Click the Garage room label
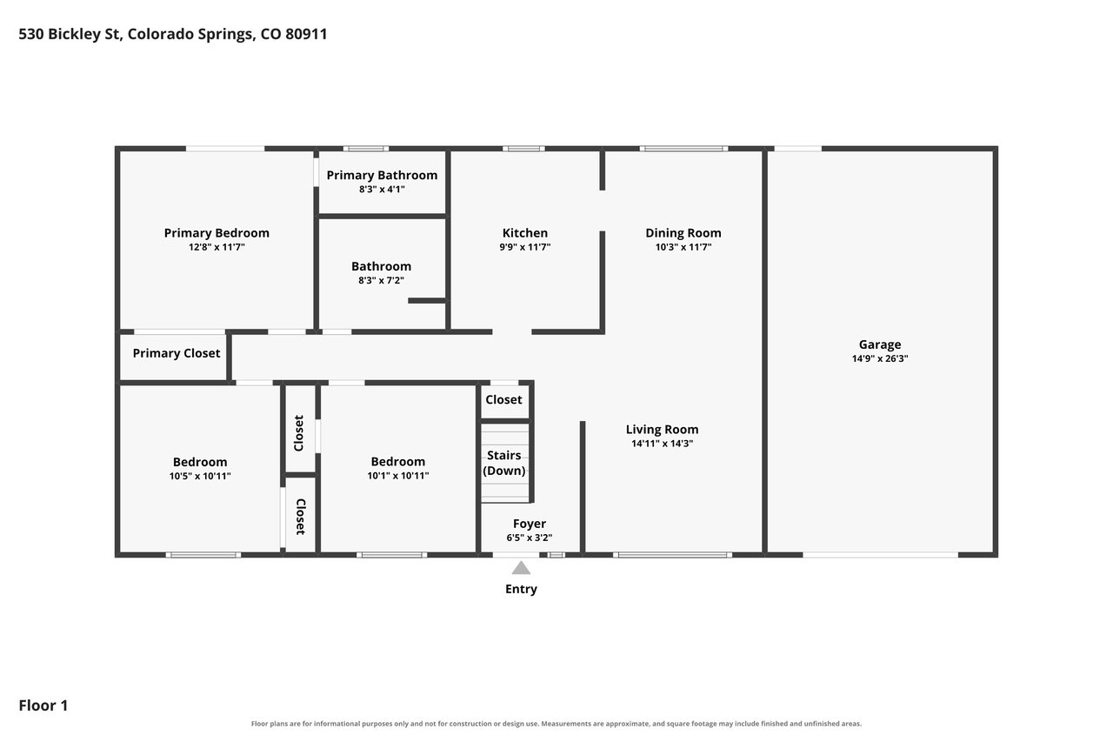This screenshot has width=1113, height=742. (879, 344)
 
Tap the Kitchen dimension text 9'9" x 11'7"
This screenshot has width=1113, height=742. (524, 247)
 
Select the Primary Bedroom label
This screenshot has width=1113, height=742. (217, 233)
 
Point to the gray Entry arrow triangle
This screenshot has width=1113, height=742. (521, 567)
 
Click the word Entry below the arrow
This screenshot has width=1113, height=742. (521, 589)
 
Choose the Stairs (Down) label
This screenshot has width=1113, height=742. (503, 463)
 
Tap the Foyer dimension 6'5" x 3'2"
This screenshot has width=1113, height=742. (530, 538)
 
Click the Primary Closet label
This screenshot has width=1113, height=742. (176, 353)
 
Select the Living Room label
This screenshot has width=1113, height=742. (662, 430)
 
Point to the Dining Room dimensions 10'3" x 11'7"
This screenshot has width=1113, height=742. (683, 247)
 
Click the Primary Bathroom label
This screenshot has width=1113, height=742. (382, 176)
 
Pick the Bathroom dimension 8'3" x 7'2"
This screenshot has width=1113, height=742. (381, 280)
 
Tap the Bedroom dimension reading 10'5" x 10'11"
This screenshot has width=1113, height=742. (200, 476)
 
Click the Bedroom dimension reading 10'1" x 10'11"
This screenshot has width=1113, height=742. (397, 476)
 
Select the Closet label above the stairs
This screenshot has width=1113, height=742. (503, 399)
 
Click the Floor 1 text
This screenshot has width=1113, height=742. (43, 705)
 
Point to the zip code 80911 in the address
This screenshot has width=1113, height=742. (306, 34)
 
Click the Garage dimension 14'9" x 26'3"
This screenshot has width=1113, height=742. (879, 358)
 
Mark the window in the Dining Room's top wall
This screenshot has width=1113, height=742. (683, 149)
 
